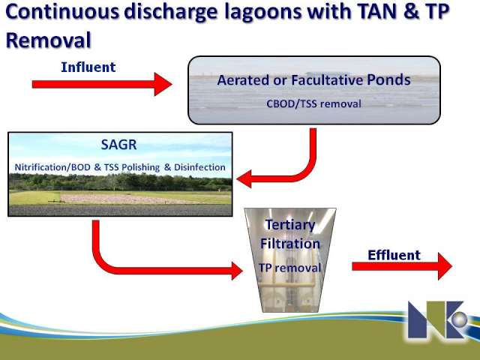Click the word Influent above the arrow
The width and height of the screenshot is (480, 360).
click(88, 67)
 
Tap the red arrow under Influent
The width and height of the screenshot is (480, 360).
click(102, 84)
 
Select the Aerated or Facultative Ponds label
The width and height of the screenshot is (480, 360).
click(313, 80)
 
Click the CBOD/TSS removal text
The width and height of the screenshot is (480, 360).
click(313, 103)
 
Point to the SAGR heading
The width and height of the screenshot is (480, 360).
click(118, 145)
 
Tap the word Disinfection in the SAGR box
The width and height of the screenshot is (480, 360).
click(199, 167)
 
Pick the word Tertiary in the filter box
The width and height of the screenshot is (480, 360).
click(290, 225)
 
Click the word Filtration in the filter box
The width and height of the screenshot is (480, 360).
click(290, 244)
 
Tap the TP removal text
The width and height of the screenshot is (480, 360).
click(290, 268)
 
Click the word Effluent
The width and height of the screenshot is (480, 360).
click(394, 255)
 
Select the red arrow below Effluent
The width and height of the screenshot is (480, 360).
click(402, 266)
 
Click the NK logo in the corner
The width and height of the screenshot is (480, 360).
click(438, 319)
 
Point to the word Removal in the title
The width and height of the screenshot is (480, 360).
click(48, 40)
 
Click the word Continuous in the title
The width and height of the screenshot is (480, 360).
click(62, 12)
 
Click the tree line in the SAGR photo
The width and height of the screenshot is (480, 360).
click(120, 182)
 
